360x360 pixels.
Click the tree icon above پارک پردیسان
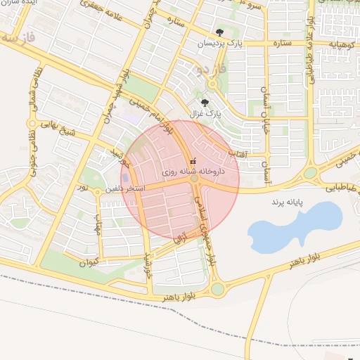click(x=220, y=32)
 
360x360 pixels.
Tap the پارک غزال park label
click(x=205, y=112)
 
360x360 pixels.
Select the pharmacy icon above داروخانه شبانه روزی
click(x=194, y=162)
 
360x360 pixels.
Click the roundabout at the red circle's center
click(x=194, y=180)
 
